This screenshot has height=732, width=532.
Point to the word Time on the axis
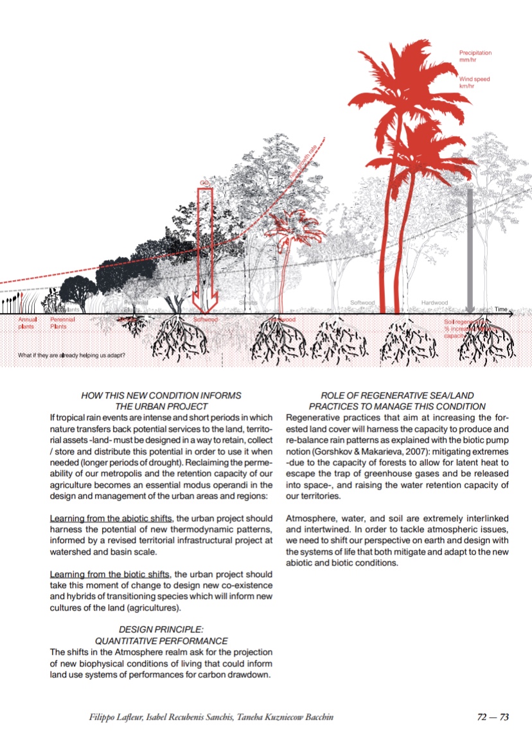coord(501,310)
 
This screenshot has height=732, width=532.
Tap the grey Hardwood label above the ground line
coord(434,302)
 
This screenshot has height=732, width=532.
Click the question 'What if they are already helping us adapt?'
coord(71,355)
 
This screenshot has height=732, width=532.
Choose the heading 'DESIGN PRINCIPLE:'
coord(161,630)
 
